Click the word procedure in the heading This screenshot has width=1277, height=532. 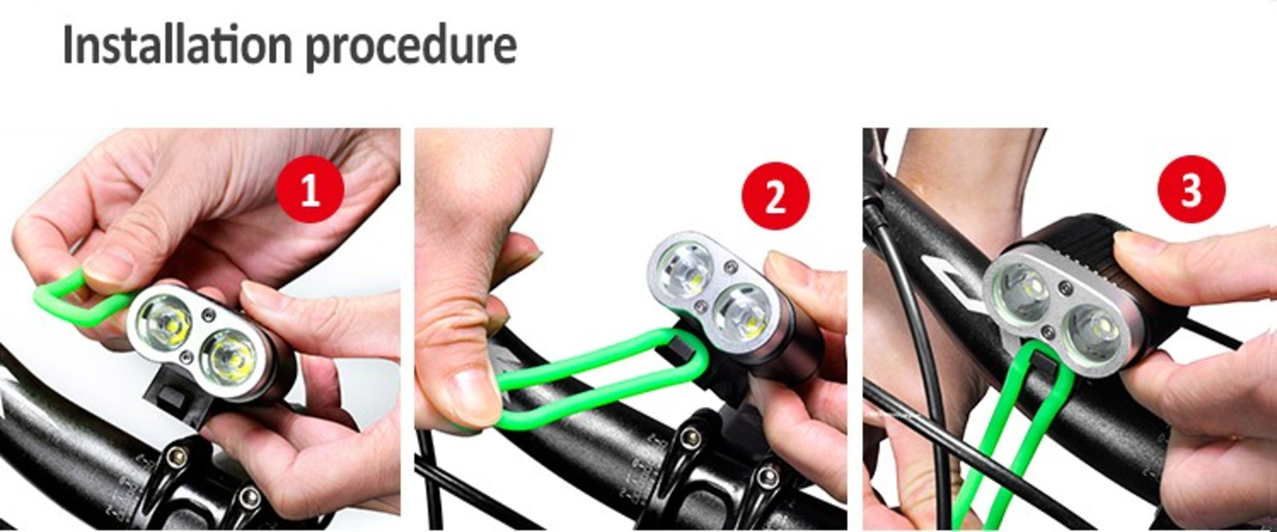(411, 49)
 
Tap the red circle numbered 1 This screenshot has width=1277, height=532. (310, 189)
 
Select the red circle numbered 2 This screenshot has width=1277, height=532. (776, 196)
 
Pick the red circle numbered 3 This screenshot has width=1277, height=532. (1192, 189)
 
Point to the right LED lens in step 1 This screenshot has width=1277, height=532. (229, 359)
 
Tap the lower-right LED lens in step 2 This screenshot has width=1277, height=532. (743, 315)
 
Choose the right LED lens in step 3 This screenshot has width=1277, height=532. (1093, 335)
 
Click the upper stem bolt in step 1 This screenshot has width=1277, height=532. (176, 456)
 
